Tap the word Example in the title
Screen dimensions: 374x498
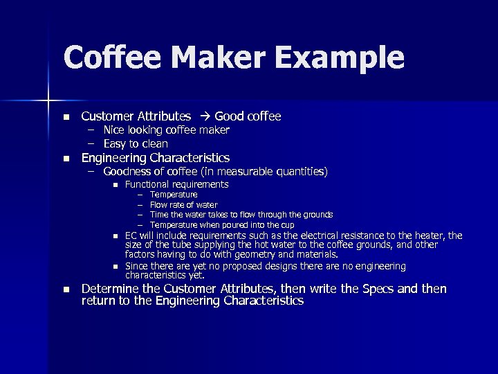point(340,57)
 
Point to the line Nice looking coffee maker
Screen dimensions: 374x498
point(166,130)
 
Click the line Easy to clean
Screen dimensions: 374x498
point(136,144)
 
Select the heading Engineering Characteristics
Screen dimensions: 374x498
point(156,158)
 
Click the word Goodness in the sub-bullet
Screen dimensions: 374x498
point(129,171)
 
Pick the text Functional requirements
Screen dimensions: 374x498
point(176,184)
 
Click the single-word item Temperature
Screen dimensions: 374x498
point(174,195)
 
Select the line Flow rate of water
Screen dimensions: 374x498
point(183,205)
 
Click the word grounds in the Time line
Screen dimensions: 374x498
point(317,215)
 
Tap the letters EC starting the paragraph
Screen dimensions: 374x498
point(130,236)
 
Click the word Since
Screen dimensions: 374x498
point(136,267)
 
